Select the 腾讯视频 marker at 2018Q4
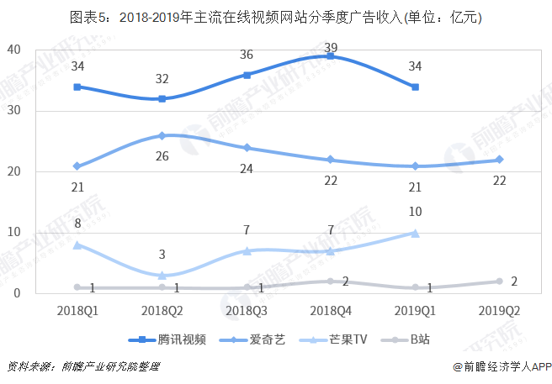coord(331,56)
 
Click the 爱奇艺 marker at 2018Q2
coord(161,135)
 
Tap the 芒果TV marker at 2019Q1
coord(416,233)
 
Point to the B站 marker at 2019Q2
coord(500,281)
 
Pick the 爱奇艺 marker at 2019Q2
coord(500,160)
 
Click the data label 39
coord(332,47)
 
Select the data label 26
coord(161,155)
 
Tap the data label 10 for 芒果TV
coord(416,213)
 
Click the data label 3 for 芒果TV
coord(161,255)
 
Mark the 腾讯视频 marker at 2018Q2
coord(161,98)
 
